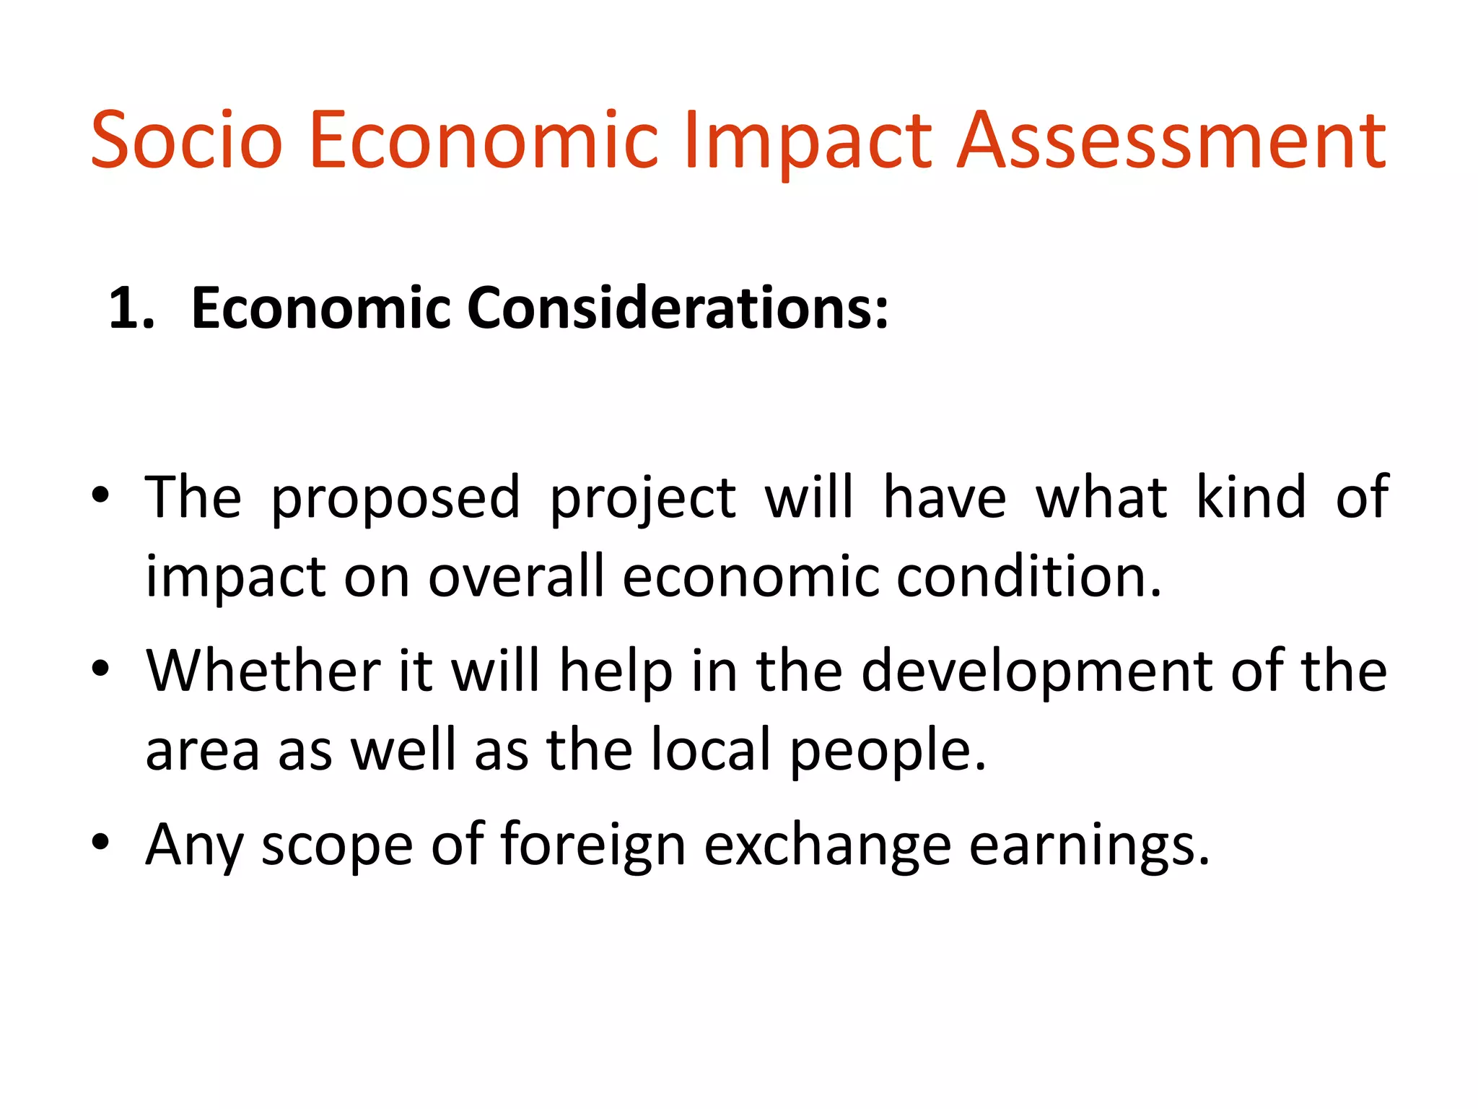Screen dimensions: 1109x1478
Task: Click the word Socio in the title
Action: [x=186, y=140]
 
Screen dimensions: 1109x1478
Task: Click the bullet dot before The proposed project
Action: [x=100, y=496]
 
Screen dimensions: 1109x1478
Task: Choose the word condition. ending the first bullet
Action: [x=1029, y=577]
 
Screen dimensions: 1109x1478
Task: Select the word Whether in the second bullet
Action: [x=263, y=671]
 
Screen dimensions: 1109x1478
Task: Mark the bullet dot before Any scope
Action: [x=100, y=842]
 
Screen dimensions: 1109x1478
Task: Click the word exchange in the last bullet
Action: [x=827, y=845]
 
